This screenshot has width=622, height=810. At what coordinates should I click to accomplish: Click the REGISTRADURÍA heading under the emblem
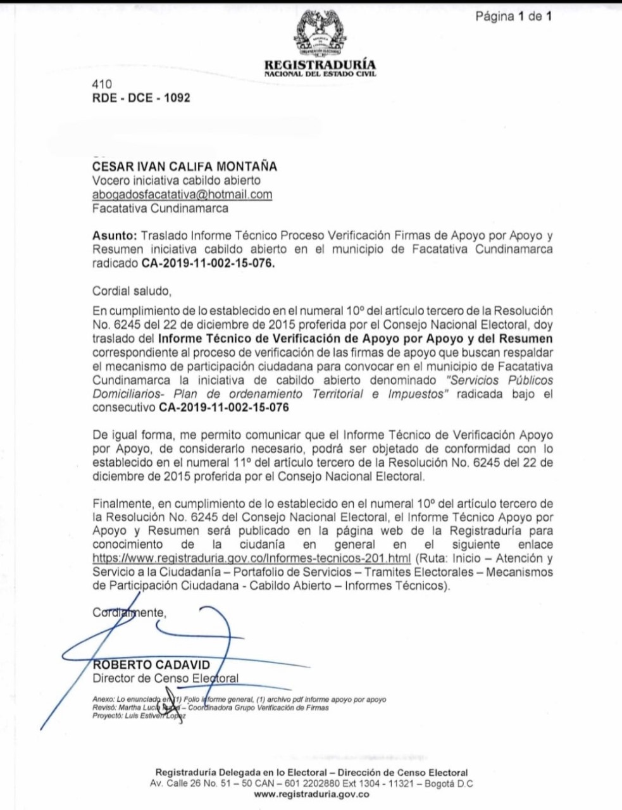pyautogui.click(x=320, y=65)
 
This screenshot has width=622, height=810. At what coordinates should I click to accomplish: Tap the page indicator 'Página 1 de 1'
pyautogui.click(x=513, y=16)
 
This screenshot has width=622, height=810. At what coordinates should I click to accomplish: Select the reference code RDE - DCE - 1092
pyautogui.click(x=141, y=98)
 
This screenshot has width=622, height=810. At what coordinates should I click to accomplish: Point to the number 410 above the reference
pyautogui.click(x=102, y=84)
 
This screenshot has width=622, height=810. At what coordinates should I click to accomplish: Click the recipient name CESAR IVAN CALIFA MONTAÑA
pyautogui.click(x=185, y=167)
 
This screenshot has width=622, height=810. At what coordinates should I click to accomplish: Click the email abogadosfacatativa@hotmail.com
pyautogui.click(x=182, y=194)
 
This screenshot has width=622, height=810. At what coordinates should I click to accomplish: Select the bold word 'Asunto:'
pyautogui.click(x=115, y=235)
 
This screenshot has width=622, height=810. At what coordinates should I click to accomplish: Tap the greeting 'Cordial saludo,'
pyautogui.click(x=132, y=291)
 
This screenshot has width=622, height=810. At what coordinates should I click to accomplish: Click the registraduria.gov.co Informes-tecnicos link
pyautogui.click(x=252, y=558)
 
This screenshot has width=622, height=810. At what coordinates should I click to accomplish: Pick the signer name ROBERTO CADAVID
pyautogui.click(x=151, y=665)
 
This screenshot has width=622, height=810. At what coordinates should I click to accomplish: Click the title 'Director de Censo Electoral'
pyautogui.click(x=166, y=678)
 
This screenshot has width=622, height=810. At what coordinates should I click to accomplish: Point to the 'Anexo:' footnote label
pyautogui.click(x=102, y=699)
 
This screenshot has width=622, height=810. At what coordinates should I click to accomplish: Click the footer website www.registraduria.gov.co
pyautogui.click(x=311, y=795)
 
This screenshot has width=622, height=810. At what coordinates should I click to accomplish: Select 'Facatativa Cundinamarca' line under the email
pyautogui.click(x=161, y=208)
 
